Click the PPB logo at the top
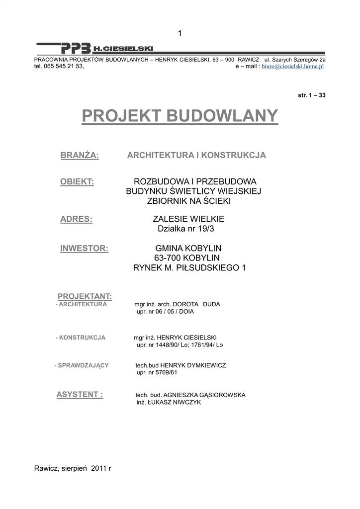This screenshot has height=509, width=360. tap(76, 48)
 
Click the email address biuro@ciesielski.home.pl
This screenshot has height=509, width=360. tap(293, 66)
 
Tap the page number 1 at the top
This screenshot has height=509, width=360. tap(180, 33)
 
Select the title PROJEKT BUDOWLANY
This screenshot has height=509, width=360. tap(180, 116)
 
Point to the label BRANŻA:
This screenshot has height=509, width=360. tap(80, 156)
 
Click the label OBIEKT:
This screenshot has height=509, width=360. tap(77, 181)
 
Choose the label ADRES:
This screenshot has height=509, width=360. tap(76, 219)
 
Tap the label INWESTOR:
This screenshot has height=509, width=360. tap(84, 249)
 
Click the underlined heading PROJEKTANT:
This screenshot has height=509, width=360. tap(85, 297)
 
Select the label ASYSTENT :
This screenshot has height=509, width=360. tap(80, 395)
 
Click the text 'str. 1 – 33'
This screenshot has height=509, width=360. tap(311, 95)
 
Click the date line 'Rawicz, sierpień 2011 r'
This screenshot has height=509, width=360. tap(73, 468)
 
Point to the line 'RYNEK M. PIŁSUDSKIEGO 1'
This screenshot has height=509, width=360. tap(189, 268)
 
